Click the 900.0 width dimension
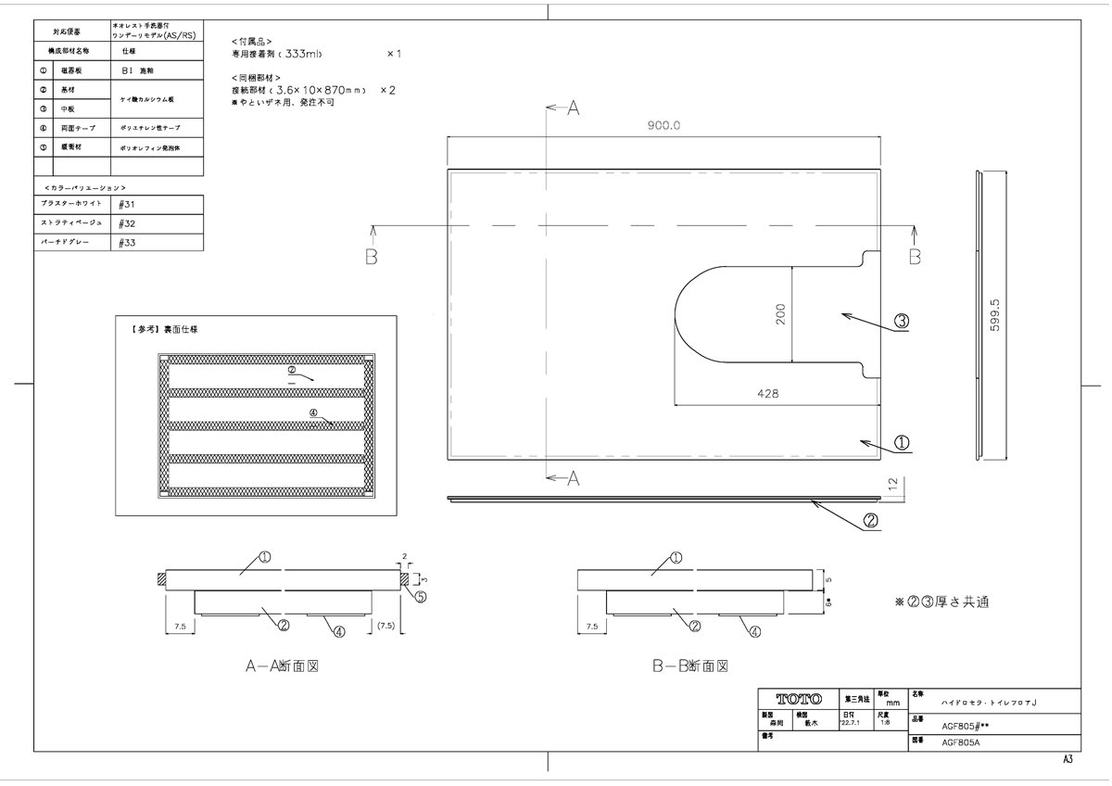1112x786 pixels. [x=663, y=126]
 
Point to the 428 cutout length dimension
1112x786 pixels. [x=767, y=393]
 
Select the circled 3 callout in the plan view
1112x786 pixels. [x=902, y=322]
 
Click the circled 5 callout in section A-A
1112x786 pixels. [x=420, y=597]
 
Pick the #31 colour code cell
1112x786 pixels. [x=129, y=204]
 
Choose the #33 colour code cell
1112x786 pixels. [x=129, y=242]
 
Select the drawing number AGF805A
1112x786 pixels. [x=960, y=742]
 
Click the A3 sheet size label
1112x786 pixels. [x=1068, y=759]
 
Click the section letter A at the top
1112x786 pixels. [x=573, y=108]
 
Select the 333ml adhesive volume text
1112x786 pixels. [x=316, y=55]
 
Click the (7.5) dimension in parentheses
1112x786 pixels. [x=386, y=628]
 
